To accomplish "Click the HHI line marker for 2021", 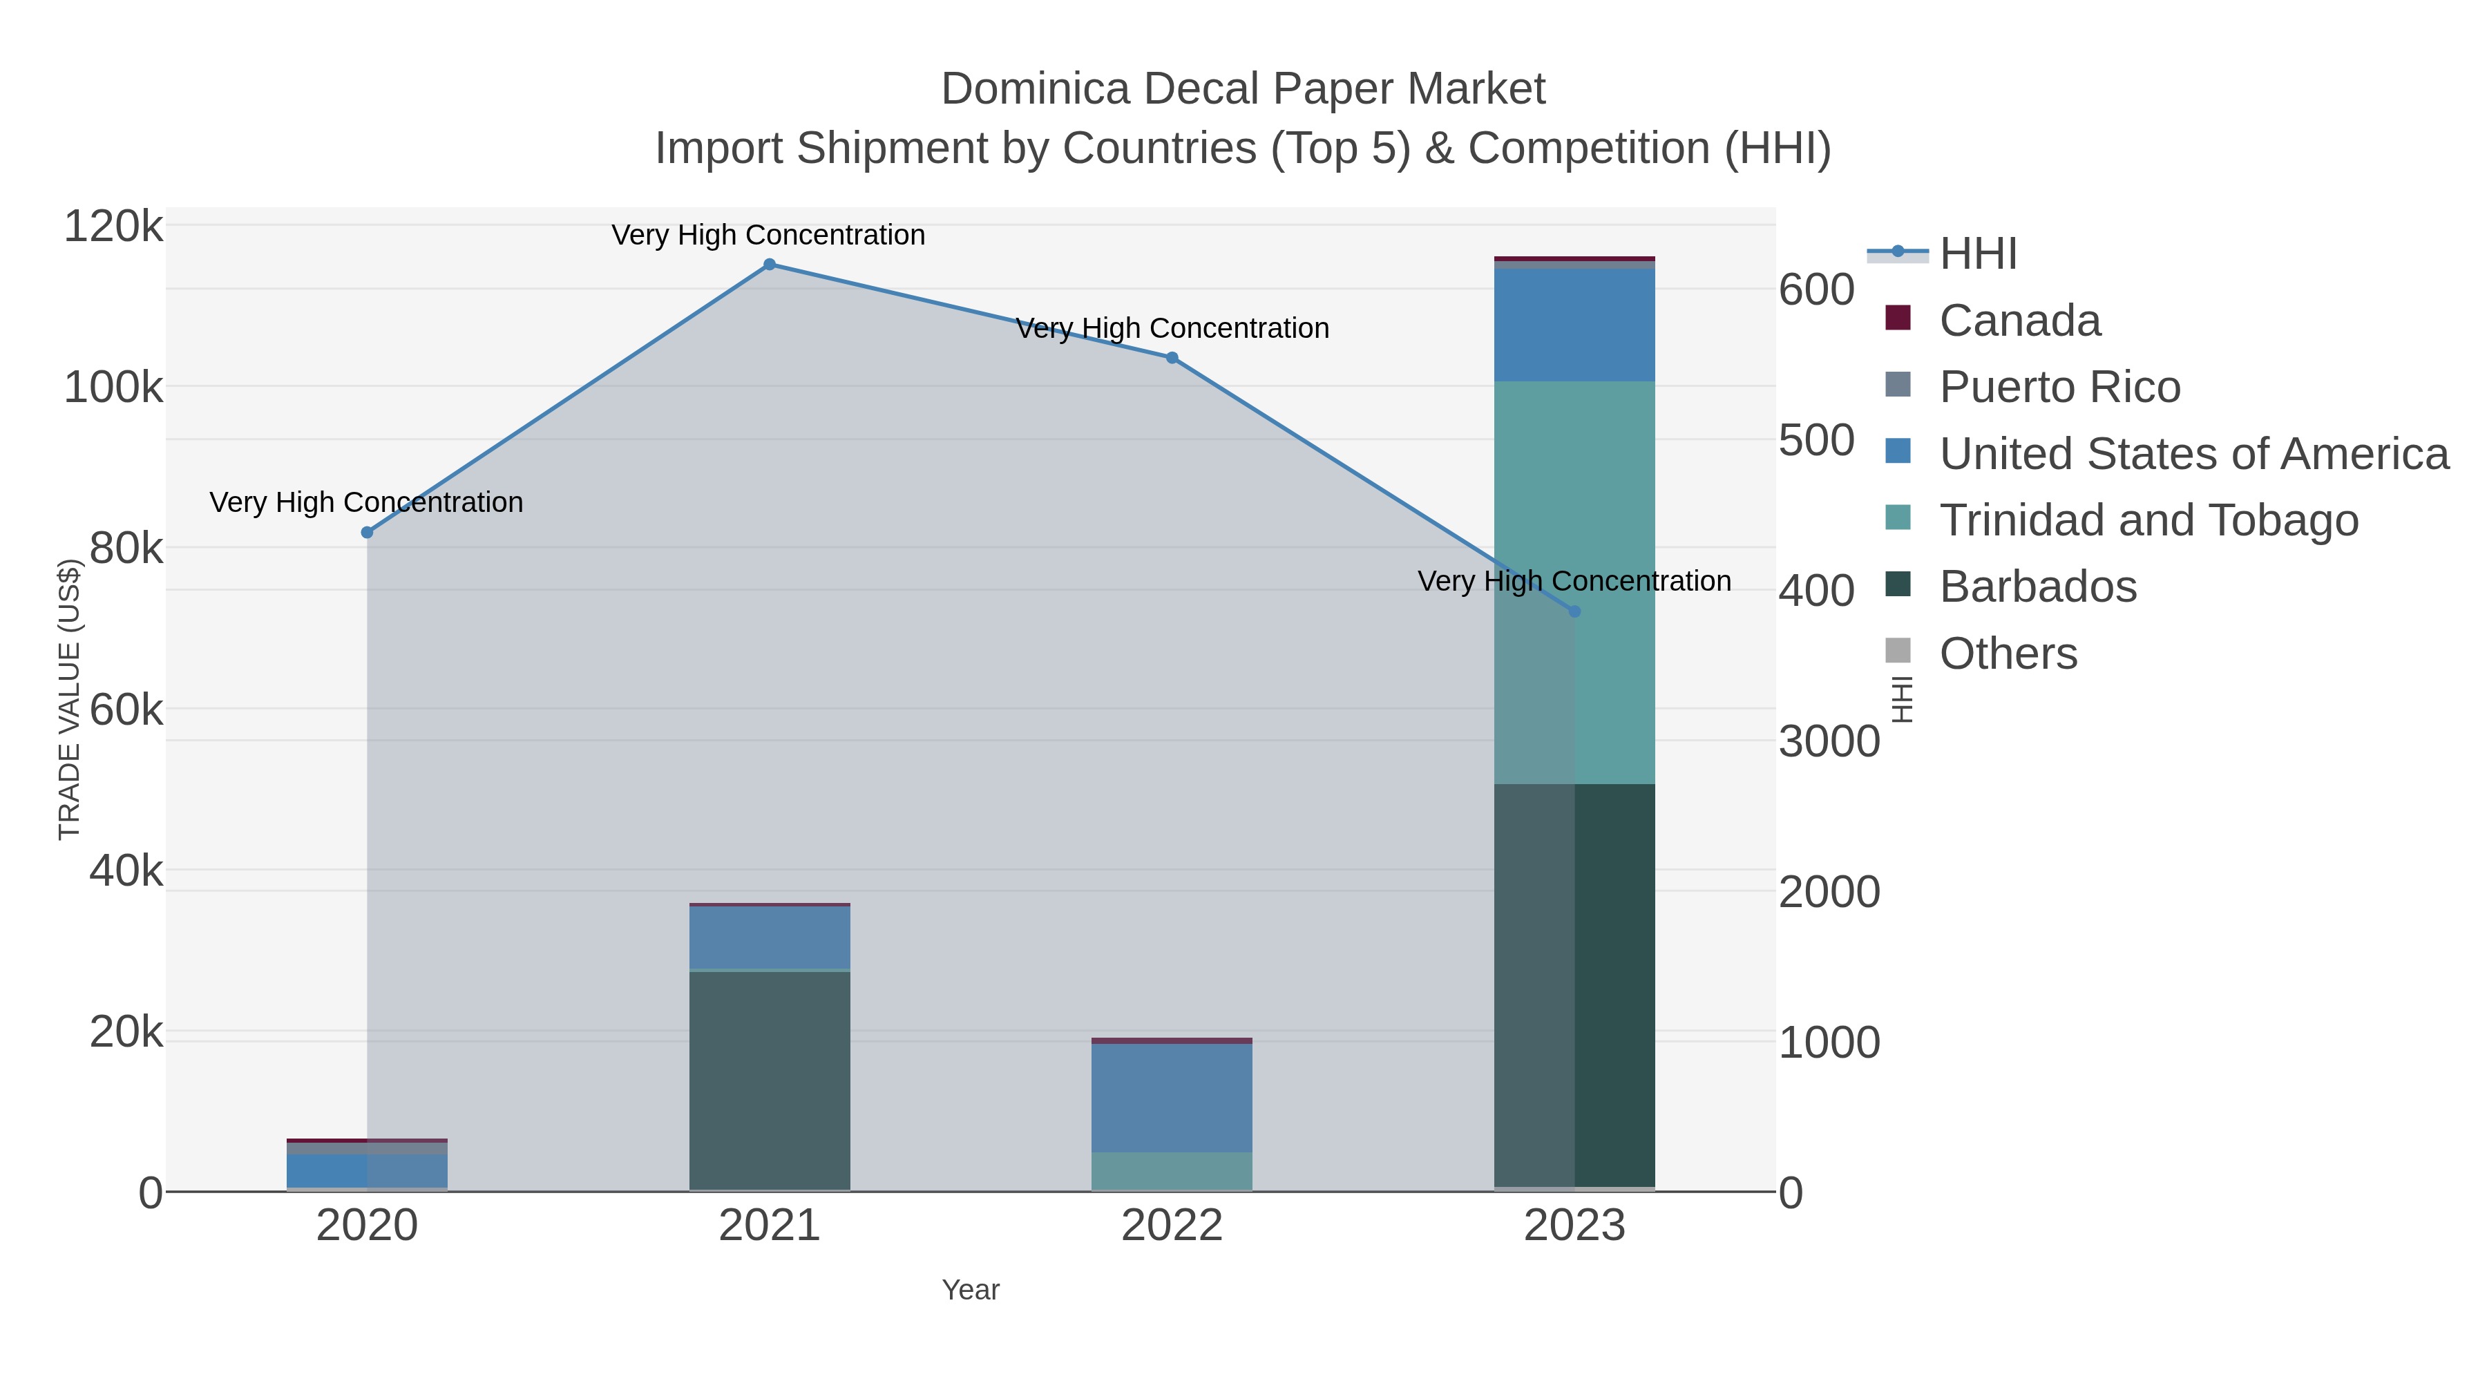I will pos(770,265).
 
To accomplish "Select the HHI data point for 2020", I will pos(367,532).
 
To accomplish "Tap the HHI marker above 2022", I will pos(1172,358).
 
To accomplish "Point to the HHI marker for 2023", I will pos(1574,611).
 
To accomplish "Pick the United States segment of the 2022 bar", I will pos(1172,1098).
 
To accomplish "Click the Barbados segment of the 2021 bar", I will pos(770,1081).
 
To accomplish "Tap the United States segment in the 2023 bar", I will pos(1574,325).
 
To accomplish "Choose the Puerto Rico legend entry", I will pos(2059,387).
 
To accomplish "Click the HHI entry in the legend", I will pos(1977,254).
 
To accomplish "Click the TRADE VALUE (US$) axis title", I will pos(70,700).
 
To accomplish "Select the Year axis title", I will pos(971,1290).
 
